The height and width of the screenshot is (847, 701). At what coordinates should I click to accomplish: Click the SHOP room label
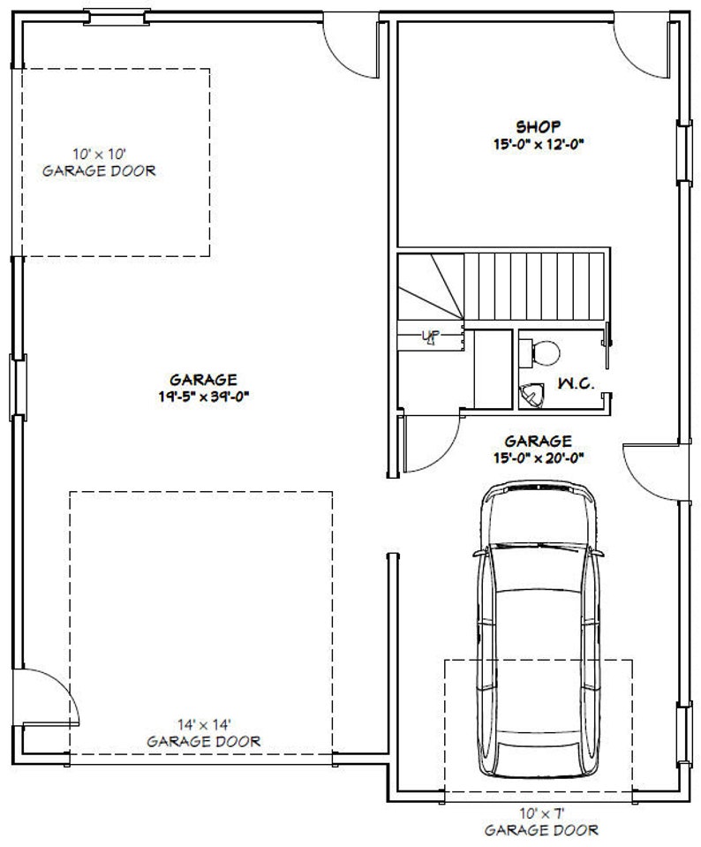pos(538,125)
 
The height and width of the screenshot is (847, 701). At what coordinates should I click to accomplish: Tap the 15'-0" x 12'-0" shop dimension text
pos(538,143)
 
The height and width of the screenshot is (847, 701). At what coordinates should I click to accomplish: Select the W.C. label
pos(575,384)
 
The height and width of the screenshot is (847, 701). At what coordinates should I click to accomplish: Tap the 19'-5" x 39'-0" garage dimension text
pos(202,396)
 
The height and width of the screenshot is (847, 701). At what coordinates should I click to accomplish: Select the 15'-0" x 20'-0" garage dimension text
pos(538,457)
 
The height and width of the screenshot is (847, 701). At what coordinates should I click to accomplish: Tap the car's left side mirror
pos(479,554)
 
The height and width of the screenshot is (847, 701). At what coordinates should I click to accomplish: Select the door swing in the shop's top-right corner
pos(640,49)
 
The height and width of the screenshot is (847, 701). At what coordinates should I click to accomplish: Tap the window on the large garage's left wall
pos(15,386)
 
